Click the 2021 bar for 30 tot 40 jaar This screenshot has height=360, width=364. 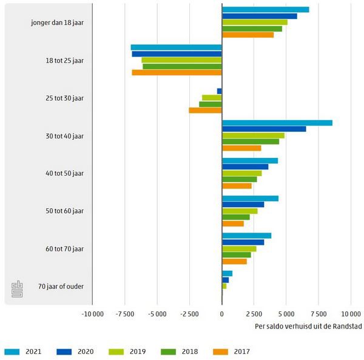pos(277,123)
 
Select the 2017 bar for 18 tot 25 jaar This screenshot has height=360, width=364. pos(177,73)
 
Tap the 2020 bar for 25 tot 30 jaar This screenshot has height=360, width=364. pos(220,91)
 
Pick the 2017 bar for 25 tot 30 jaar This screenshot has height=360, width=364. pos(205,110)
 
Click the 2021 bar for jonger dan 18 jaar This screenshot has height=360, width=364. pos(265,9)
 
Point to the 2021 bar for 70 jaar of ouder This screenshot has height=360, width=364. pos(227,273)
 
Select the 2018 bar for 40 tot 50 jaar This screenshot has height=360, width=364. pos(239,179)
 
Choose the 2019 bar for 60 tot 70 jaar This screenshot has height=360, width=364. pos(239,248)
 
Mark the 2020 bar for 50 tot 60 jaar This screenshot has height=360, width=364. pos(243,205)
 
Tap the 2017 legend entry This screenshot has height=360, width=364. pos(231,351)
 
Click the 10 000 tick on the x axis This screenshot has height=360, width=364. pos(351,314)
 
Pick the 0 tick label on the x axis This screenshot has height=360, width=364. pos(221,314)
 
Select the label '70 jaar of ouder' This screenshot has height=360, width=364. pos(61,287)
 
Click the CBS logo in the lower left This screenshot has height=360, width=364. pos(16,290)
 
